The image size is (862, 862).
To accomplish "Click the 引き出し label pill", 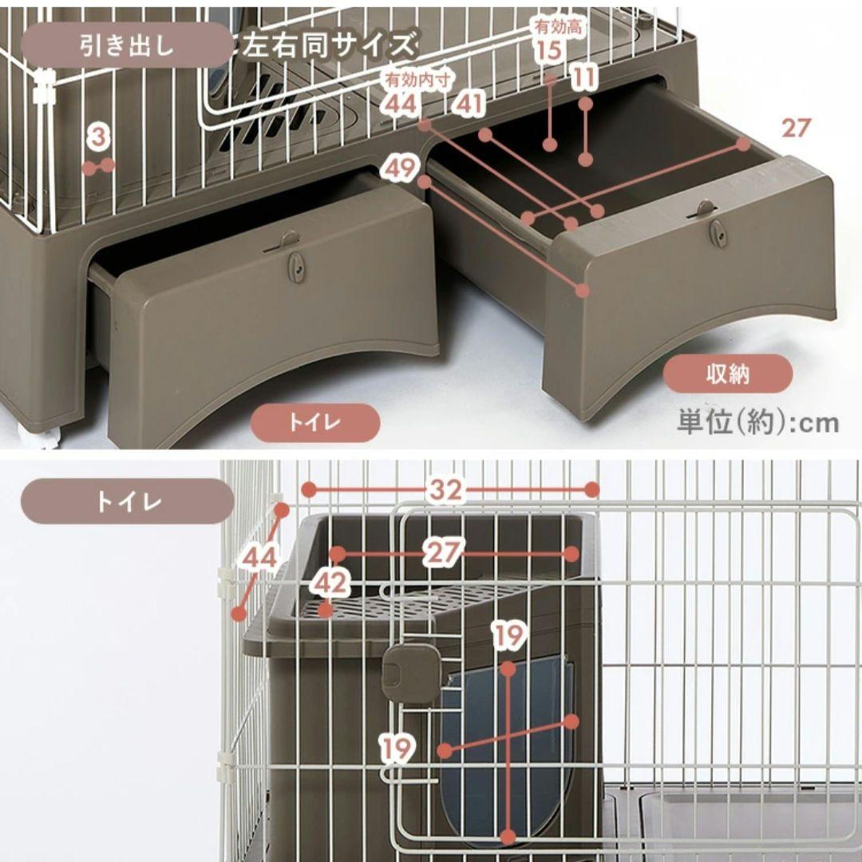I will (x=126, y=45).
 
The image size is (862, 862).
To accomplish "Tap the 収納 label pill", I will (x=728, y=374).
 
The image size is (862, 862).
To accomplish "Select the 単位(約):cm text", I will (x=757, y=421).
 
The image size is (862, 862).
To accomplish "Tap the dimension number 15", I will (x=549, y=51).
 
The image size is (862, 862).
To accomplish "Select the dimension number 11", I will (x=585, y=78).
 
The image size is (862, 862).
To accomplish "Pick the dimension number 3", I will (x=97, y=137).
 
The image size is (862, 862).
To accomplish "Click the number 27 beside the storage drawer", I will (x=795, y=128).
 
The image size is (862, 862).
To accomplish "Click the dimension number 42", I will (x=330, y=583).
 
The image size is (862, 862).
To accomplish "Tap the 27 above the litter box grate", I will (x=445, y=552).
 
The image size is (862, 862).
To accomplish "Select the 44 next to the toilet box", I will (x=261, y=558).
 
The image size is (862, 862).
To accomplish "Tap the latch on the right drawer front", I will (x=718, y=231).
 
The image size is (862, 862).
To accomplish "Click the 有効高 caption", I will (x=560, y=27).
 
